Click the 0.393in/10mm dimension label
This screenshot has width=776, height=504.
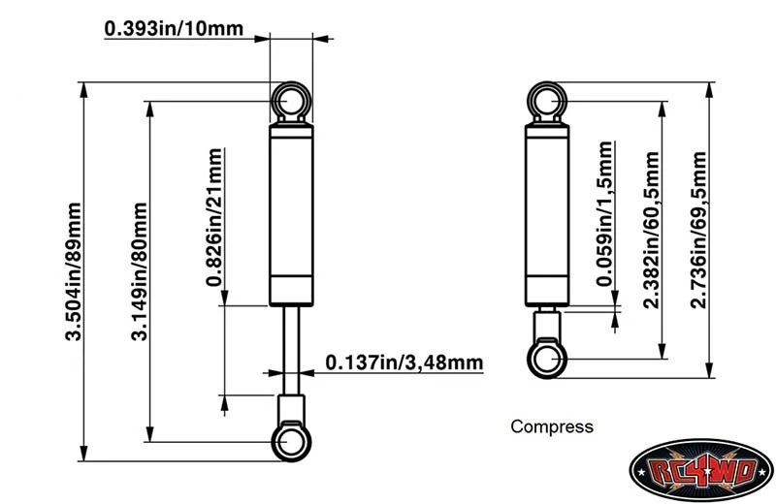coord(175,29)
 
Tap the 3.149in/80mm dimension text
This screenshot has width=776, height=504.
coord(140,271)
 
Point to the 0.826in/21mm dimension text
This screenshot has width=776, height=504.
coord(214,218)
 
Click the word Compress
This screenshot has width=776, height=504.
coord(551,426)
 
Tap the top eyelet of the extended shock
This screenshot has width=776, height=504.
coord(291,100)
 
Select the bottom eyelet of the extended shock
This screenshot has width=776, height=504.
coord(291,442)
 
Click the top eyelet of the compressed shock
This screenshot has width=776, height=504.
coord(547,100)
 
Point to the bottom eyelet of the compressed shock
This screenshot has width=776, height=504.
coord(547,358)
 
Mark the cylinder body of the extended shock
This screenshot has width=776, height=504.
coord(291,204)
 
